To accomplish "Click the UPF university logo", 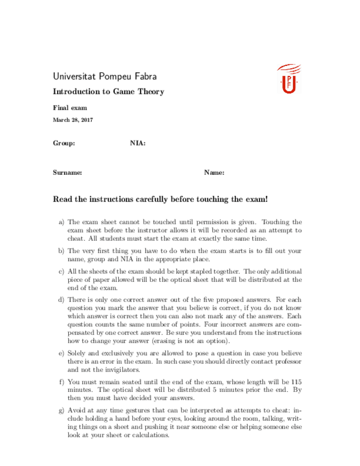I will point(289,79).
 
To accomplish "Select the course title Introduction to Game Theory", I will point(108,92).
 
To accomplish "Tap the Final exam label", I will point(70,108).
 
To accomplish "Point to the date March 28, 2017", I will point(73,119).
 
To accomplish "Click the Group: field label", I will point(64,143).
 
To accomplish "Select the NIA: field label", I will point(137,143).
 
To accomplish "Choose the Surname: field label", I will point(68,173).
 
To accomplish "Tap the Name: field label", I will point(214,173).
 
